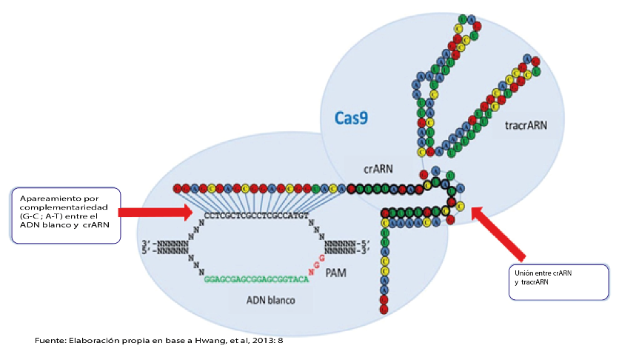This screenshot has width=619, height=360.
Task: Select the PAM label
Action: click(337, 273)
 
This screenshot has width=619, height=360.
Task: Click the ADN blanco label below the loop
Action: click(270, 301)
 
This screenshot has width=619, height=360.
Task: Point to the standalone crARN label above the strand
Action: click(378, 168)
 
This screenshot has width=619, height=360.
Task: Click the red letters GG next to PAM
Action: click(318, 261)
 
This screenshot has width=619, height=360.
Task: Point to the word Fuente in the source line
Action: click(50, 340)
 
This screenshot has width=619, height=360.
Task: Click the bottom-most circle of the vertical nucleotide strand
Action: click(384, 307)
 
